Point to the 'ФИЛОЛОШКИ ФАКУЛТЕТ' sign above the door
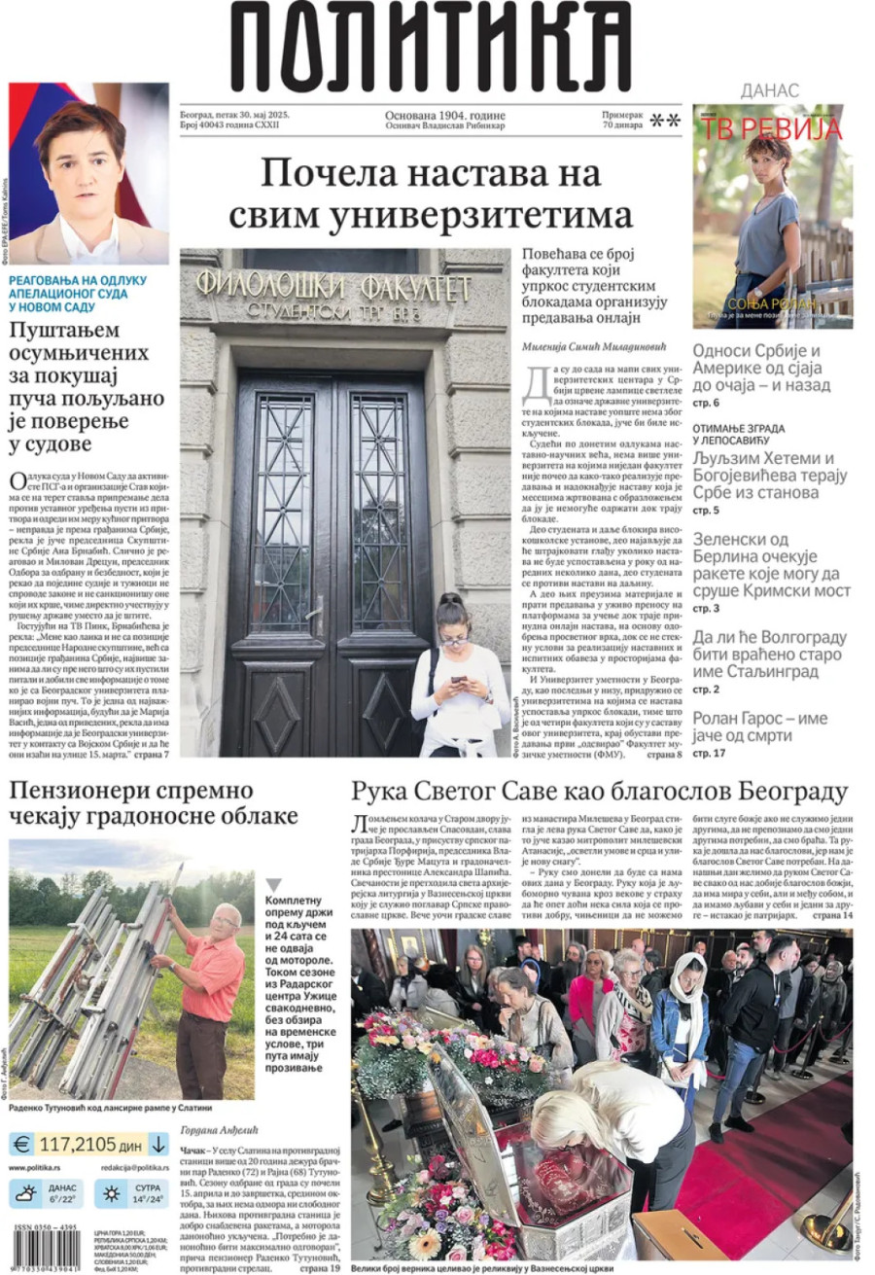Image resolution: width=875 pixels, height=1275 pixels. click(x=332, y=288)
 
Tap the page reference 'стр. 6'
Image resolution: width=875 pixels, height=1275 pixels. click(x=706, y=403)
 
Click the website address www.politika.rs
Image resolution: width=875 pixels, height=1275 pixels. click(x=38, y=1167)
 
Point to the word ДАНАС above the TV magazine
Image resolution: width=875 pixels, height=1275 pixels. click(x=770, y=90)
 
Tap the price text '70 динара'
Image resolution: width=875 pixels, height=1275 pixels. click(x=622, y=125)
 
